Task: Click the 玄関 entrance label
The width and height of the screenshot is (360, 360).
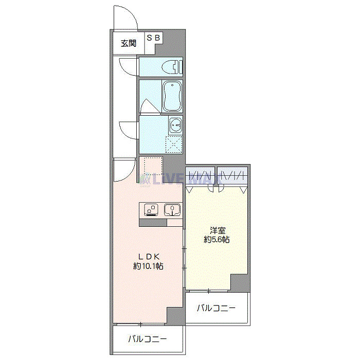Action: click(x=129, y=43)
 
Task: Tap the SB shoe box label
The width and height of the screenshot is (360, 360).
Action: click(x=154, y=38)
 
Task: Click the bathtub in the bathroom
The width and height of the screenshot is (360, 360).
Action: click(x=172, y=96)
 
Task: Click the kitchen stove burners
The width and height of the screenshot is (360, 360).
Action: click(x=152, y=210)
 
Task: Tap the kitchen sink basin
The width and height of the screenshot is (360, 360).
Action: click(x=172, y=210)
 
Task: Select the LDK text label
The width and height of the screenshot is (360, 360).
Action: click(x=149, y=256)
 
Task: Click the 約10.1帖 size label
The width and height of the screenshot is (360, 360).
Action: click(x=149, y=266)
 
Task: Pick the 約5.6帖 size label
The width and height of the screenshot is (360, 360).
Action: click(x=216, y=240)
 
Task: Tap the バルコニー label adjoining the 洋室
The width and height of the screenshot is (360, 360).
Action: click(x=217, y=309)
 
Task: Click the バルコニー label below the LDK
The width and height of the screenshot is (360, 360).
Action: click(x=148, y=339)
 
